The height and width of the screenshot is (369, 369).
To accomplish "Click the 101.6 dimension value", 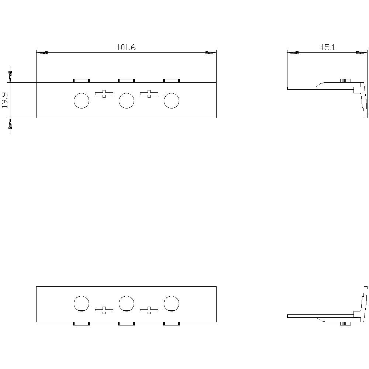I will pos(126,47).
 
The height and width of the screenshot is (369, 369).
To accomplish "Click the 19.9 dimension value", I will pos(5,100).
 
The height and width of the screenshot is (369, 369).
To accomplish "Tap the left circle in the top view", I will pos(81,100).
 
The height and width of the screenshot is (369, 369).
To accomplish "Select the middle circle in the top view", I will pos(126,100).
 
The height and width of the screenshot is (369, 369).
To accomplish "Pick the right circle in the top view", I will pos(171,100).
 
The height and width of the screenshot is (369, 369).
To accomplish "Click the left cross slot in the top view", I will pos(104,94).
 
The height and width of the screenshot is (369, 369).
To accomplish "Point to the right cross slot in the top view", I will pos(149,94).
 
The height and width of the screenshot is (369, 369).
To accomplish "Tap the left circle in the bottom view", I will pos(81,303).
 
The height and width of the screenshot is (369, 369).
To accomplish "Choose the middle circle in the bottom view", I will pos(126,303).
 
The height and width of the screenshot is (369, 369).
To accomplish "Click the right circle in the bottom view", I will pos(171,303).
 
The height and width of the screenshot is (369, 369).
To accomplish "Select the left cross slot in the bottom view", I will pos(104,310).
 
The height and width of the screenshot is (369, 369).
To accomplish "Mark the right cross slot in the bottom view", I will pos(149,310).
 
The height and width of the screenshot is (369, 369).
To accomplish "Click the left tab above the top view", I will pos(81,80).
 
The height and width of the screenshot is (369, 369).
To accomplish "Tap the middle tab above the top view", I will pos(126,80).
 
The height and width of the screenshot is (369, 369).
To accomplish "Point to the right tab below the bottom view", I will pos(171,324).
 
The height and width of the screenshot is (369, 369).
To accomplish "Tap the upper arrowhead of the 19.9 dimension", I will pos(10,76).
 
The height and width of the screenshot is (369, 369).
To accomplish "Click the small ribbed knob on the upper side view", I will pos(345,80).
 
